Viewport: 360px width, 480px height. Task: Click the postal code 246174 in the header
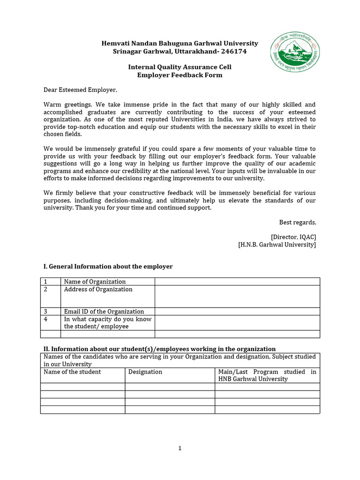(x=233, y=51)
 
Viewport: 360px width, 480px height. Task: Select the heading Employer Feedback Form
(x=180, y=75)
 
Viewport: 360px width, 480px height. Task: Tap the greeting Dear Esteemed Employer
(x=80, y=90)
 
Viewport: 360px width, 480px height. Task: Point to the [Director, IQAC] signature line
(x=293, y=237)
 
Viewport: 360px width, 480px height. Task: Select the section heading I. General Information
(x=108, y=266)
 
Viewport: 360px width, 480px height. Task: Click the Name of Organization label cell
(x=95, y=282)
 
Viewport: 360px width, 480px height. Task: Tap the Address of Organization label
(x=98, y=290)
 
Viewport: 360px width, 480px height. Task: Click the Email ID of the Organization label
(x=104, y=311)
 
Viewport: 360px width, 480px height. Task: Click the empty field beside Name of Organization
(x=237, y=281)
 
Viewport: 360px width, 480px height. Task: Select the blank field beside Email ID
(x=237, y=311)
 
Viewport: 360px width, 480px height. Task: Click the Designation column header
(x=145, y=372)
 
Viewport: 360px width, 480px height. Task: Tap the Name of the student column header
(x=72, y=372)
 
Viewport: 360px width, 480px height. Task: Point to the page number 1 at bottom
(x=180, y=448)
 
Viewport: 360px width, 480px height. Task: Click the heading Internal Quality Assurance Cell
(x=180, y=67)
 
